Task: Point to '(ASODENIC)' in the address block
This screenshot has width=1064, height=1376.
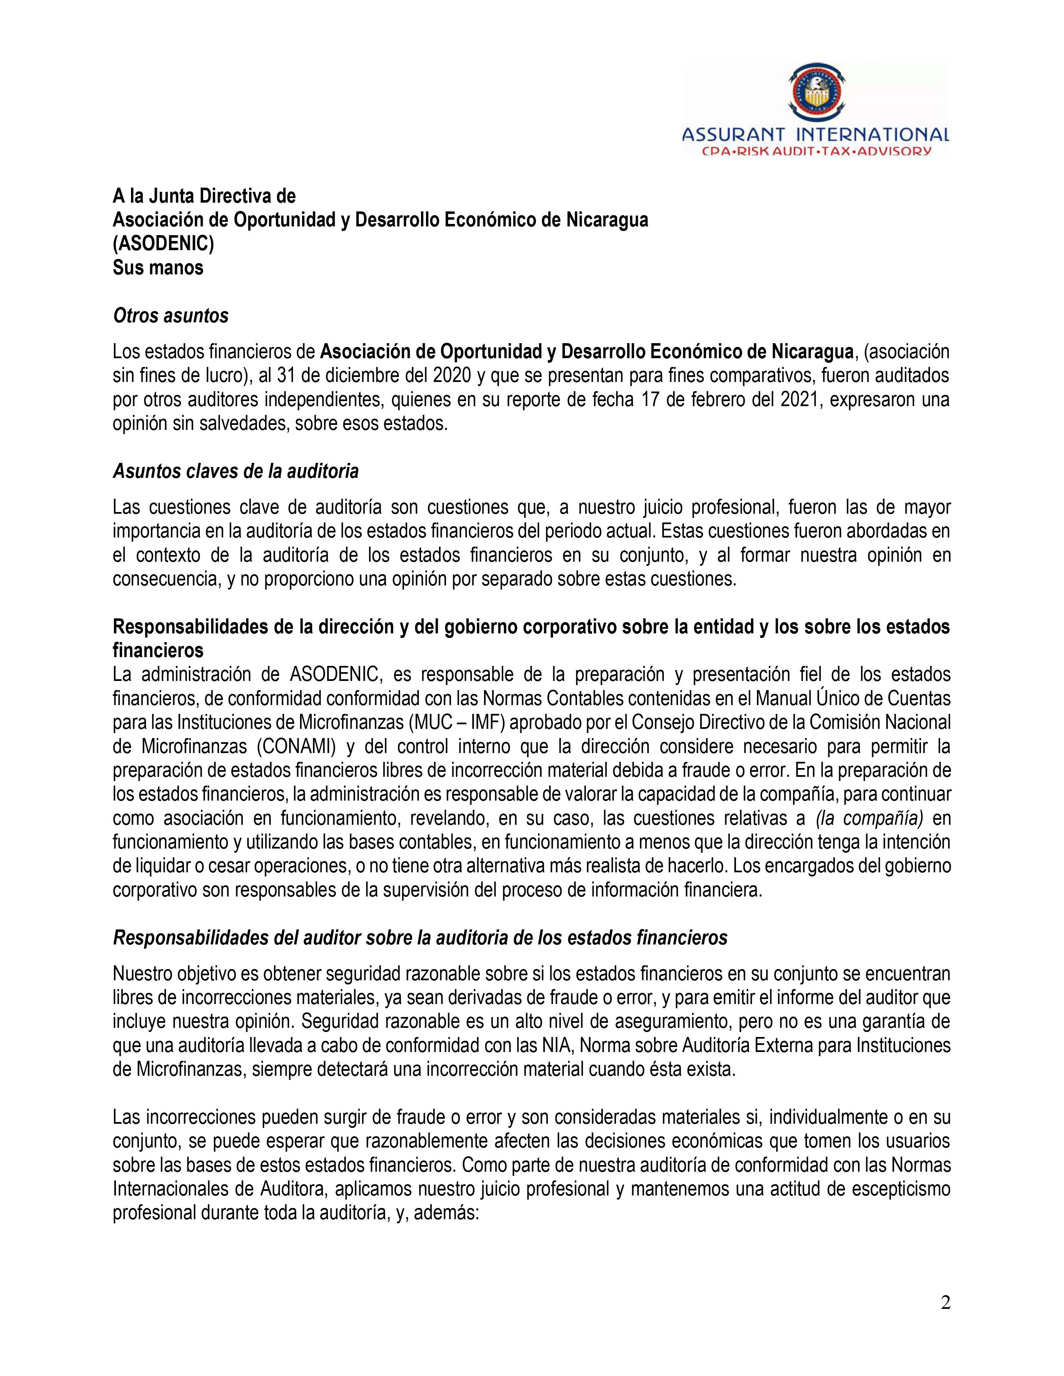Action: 163,244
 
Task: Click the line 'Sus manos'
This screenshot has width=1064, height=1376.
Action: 158,268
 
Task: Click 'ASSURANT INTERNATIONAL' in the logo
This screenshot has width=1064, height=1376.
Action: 816,135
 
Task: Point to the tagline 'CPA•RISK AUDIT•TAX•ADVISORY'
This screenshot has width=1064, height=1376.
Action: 816,151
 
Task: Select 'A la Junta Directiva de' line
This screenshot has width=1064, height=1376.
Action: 204,196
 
